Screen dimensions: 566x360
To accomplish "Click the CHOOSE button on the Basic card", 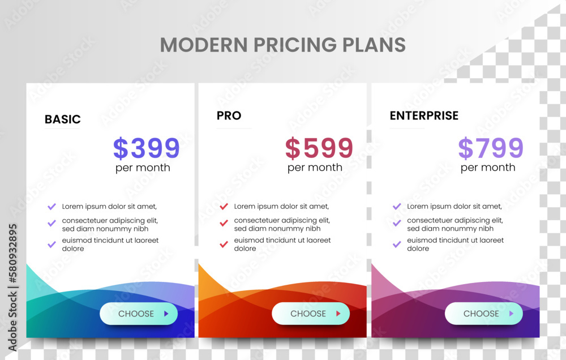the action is pos(139,314).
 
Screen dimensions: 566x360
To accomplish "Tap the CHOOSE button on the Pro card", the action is pos(311,314).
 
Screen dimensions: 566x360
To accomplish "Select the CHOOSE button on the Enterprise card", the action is pos(484,314).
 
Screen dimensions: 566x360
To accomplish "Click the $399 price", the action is pos(147,148).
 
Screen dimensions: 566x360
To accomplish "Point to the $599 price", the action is pos(319,148).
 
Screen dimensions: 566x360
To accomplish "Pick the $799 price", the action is pos(491,148).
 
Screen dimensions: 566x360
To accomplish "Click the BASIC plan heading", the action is pos(63,119).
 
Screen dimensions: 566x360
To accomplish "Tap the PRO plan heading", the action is pos(229,115).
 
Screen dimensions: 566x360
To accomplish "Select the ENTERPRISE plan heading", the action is pos(424,115).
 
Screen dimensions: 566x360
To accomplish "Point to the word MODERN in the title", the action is pos(204,45).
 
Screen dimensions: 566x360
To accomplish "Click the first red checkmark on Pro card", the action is pos(224,207).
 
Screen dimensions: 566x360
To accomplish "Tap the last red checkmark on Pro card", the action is pos(224,245).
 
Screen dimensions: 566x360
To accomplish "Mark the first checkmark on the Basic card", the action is pos(52,207).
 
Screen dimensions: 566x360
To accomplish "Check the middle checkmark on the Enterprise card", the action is pos(397,223).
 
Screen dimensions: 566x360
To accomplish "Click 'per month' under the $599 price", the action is pos(315,168).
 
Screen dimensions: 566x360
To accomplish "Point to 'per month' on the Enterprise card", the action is pos(488,168).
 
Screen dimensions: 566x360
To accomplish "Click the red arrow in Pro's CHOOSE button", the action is pos(338,314).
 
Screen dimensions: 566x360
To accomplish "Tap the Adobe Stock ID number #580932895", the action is pos(13,254).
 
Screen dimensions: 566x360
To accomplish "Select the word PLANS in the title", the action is pos(374,45).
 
